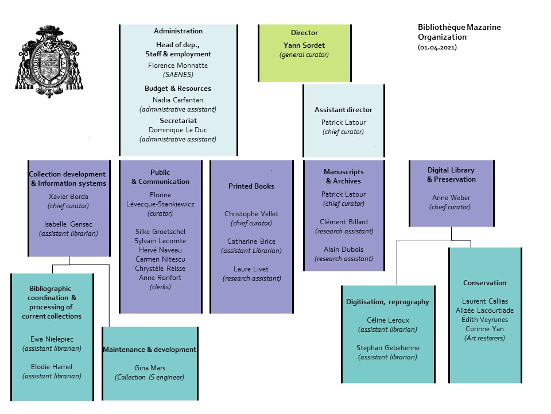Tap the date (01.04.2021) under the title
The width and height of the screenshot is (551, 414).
coord(437,47)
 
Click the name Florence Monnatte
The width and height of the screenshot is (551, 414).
coord(177,66)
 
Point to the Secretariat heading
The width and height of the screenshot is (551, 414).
coord(177,121)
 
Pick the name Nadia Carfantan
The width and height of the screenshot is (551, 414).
coord(177,99)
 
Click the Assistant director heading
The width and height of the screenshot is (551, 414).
coord(343,110)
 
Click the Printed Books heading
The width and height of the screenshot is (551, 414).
coord(251,186)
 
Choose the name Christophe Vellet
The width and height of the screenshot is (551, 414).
coord(251,214)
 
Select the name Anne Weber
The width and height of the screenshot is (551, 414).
coord(451,198)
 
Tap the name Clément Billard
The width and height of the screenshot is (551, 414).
coord(344,221)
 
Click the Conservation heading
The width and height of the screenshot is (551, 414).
coord(484,282)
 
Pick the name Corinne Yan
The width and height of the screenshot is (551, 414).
coord(484,329)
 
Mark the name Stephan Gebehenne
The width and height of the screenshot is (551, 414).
coord(387,347)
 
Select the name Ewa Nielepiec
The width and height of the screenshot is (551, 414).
coord(52,339)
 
